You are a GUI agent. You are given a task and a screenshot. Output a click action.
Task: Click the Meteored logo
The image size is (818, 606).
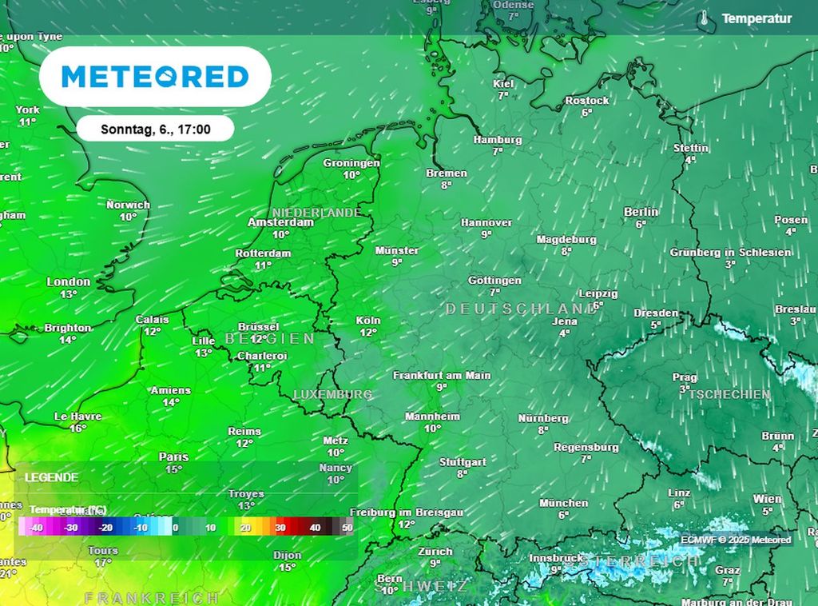[x=155, y=77]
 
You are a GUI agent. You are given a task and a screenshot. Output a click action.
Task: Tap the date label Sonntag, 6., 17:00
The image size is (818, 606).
[x=156, y=129]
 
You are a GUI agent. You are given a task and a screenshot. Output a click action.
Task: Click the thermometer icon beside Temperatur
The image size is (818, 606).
[x=704, y=18]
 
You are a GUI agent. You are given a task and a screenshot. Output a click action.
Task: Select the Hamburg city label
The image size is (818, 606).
[x=497, y=140]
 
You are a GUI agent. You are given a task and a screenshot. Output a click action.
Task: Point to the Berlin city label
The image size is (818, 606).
[x=641, y=212]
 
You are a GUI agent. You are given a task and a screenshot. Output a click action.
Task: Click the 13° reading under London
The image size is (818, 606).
[x=69, y=294]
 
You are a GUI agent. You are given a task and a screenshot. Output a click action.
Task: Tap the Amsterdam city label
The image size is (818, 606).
[x=280, y=223]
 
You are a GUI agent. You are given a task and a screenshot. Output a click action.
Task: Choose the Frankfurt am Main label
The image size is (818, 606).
[x=442, y=375]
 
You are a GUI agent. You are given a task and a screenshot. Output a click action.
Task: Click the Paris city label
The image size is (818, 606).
[x=173, y=456]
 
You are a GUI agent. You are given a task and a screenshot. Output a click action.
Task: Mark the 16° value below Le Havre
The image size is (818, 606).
[x=77, y=429]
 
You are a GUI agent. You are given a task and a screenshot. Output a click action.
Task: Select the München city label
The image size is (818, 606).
[x=563, y=503]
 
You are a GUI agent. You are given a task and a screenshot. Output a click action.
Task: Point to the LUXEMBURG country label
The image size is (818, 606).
[x=333, y=394]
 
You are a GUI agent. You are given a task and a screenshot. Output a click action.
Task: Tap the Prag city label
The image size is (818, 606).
[x=685, y=377]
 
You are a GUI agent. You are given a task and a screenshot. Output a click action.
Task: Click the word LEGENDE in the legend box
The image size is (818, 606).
[x=52, y=477]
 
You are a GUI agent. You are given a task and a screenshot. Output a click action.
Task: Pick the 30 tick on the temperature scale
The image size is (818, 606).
[x=280, y=528]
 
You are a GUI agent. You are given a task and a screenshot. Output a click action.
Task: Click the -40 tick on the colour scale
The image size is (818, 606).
[x=36, y=528]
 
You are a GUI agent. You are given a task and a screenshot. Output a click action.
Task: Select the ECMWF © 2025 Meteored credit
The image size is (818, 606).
[x=736, y=540]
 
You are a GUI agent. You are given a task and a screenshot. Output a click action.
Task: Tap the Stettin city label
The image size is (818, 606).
[x=691, y=148]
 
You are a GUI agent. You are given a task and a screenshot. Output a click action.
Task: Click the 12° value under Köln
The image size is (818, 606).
[x=368, y=333]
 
